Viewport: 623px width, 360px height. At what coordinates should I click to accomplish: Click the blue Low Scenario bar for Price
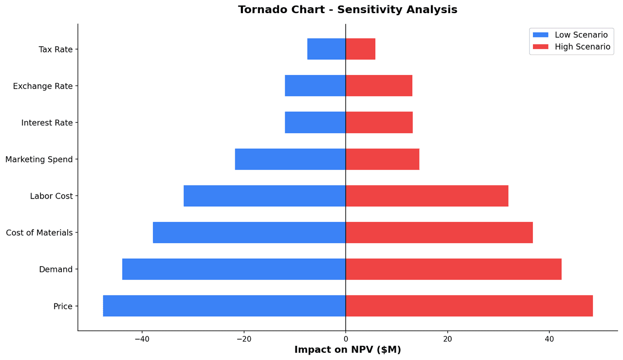click(224, 306)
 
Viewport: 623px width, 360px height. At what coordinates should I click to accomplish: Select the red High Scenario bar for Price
click(469, 306)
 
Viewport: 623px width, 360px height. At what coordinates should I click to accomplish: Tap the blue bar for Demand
click(234, 269)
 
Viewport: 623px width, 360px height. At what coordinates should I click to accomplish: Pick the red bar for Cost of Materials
click(439, 233)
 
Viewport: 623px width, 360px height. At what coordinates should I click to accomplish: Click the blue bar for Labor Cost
click(264, 196)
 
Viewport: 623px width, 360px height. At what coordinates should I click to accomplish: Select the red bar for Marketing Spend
click(382, 159)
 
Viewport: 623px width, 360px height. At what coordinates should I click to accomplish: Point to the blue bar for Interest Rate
click(315, 123)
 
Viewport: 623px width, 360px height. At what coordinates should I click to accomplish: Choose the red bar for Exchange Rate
click(379, 86)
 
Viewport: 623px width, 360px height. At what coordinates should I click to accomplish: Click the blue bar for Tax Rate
click(326, 49)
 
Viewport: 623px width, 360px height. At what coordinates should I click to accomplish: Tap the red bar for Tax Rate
click(360, 49)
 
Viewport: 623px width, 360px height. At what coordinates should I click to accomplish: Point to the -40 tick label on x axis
click(142, 339)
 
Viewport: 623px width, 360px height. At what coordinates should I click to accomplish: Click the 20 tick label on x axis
click(447, 339)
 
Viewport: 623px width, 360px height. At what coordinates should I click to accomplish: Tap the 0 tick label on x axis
click(346, 339)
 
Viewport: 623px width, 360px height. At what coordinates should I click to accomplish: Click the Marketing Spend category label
click(39, 160)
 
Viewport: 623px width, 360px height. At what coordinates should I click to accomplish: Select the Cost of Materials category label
click(39, 233)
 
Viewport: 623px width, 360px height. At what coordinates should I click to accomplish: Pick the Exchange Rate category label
click(43, 86)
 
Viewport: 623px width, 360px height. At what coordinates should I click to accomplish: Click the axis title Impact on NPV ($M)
click(348, 350)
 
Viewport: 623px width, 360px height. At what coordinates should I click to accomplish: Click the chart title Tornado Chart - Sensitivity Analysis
click(348, 10)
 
